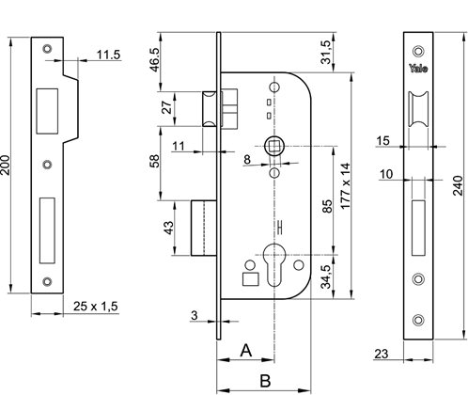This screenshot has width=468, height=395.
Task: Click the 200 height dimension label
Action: coord(7,165)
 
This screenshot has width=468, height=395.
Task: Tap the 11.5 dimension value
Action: coord(108,55)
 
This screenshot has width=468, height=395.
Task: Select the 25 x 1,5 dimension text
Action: coord(96,306)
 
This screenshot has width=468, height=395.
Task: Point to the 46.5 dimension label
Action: coord(154,60)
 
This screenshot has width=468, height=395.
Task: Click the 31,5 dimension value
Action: coord(326,53)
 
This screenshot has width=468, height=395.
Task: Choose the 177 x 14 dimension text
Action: coord(345,186)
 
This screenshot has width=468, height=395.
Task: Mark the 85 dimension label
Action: coord(327,206)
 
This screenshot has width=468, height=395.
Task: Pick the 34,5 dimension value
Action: coord(326,276)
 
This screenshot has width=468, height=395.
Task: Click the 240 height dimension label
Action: coord(458,185)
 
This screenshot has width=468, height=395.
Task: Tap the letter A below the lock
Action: coord(246,350)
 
